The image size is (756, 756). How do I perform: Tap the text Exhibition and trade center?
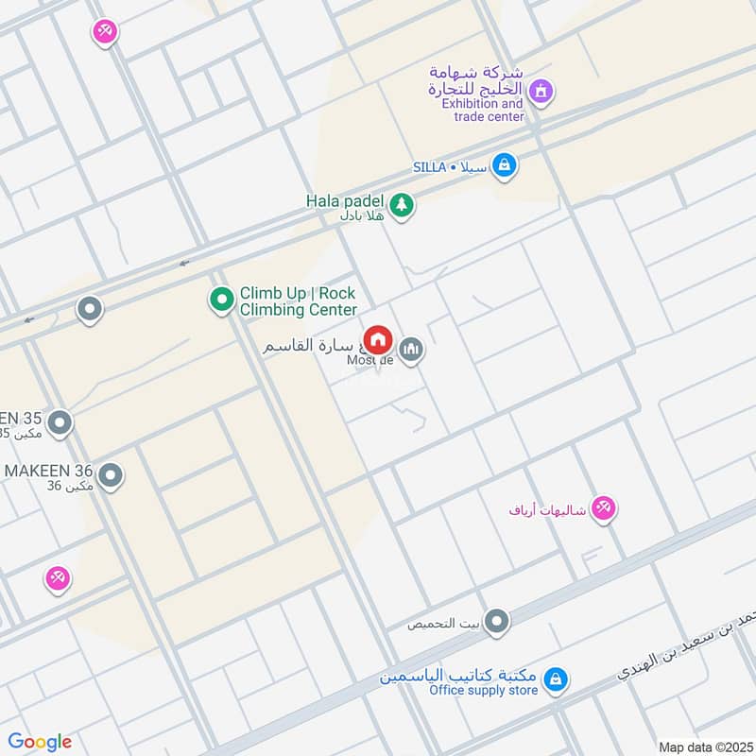[x=482, y=110]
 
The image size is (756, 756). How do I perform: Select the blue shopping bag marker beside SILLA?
[x=505, y=165]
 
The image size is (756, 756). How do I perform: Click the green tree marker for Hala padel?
[x=402, y=204]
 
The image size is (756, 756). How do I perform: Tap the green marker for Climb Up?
[x=221, y=301]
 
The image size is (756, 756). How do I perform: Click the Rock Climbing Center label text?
[x=298, y=301]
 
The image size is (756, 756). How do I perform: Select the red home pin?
[x=378, y=339]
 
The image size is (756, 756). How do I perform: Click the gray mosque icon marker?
[x=410, y=351]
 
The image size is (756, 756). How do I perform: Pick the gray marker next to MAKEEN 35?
[x=60, y=422]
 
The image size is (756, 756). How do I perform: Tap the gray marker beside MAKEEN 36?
[x=111, y=474]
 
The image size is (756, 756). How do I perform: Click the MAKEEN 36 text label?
[x=47, y=470]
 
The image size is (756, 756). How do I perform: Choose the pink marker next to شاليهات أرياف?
[x=603, y=508]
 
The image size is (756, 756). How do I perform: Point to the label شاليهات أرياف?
[x=548, y=510]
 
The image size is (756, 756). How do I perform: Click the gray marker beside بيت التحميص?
[x=497, y=621]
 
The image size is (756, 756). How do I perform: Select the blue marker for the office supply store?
[x=557, y=679]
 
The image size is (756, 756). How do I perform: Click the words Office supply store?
[x=483, y=691]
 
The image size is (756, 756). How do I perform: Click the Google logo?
[x=40, y=742]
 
